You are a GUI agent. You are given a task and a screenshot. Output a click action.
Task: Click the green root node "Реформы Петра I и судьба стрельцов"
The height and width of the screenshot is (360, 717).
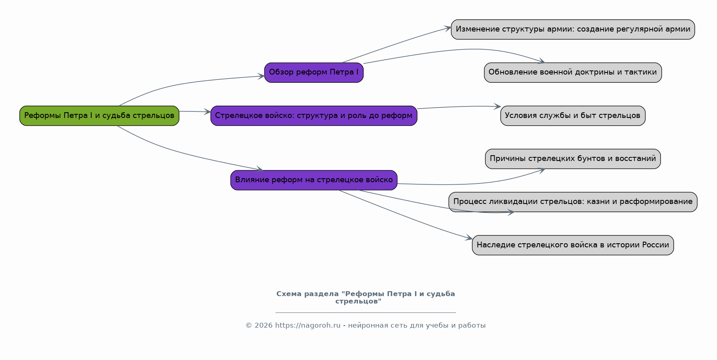pos(99,115)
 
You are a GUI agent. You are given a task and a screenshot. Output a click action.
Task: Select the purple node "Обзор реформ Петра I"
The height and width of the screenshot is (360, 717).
pos(314,72)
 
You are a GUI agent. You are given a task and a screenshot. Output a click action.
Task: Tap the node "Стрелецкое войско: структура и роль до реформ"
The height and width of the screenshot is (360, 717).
pos(314,115)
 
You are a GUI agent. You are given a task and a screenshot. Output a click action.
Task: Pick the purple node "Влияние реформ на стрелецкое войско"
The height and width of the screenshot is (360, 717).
pos(314,180)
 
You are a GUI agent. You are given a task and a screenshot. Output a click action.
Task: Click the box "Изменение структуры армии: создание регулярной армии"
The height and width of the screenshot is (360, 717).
pos(573,29)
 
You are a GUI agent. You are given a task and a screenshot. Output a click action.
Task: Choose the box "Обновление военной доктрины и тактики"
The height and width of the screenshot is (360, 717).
pos(573,72)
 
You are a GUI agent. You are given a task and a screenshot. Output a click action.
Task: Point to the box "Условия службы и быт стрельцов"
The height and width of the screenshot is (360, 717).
pos(573,115)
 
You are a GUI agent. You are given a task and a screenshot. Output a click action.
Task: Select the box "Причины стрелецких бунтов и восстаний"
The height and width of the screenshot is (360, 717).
pos(573,159)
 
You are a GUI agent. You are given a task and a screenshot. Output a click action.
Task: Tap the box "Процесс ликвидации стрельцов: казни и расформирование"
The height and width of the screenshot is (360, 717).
pos(573,202)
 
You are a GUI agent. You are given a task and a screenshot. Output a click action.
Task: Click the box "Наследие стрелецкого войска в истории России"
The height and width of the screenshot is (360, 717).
pos(573,245)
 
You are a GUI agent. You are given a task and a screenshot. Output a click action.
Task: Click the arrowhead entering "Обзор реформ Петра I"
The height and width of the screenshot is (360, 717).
pos(261,76)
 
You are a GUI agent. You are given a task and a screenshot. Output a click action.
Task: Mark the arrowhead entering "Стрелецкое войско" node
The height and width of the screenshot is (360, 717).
pos(207,112)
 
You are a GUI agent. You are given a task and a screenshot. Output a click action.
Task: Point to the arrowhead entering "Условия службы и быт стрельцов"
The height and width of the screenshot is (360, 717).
pos(497,106)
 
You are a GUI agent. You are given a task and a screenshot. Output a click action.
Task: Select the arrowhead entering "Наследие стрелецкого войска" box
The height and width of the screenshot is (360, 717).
pos(469,238)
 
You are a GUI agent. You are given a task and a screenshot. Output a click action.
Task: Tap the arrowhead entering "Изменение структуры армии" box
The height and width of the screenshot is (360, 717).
pos(448,28)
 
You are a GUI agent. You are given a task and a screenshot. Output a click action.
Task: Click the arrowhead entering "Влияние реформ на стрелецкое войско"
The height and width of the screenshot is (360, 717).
pos(259,169)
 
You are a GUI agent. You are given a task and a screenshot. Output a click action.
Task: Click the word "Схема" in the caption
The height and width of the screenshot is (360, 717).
pos(289,294)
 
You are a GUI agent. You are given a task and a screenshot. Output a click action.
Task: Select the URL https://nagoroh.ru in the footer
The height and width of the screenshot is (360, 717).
pos(308,326)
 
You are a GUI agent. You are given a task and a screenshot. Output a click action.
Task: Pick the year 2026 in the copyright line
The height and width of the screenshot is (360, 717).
pos(264,326)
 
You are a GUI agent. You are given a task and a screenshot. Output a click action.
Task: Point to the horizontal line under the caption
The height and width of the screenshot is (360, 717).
pos(366,312)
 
